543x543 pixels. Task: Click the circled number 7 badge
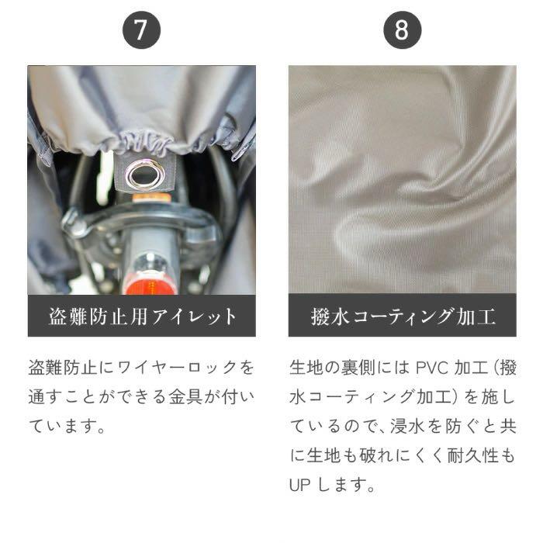pos(141,29)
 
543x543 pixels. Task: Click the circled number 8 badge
pos(402,29)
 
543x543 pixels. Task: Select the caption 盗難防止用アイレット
pos(142,316)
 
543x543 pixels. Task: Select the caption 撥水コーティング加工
pos(403,316)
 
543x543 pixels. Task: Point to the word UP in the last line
pos(300,485)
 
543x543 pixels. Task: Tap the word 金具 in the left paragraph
pos(185,397)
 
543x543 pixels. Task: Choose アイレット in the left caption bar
pos(194,316)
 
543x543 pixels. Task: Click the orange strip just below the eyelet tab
pos(151,198)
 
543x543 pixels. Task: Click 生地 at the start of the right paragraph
pos(306,368)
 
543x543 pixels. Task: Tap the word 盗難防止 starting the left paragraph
pos(62,368)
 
